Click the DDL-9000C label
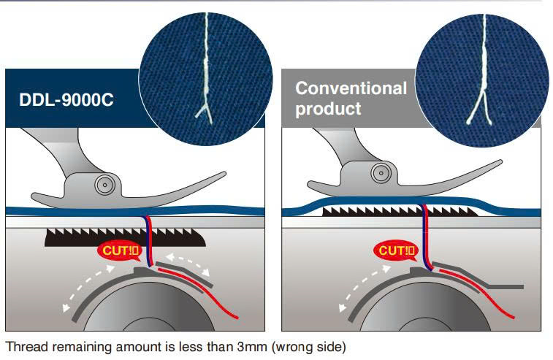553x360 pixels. point(66,99)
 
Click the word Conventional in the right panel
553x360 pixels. point(351,89)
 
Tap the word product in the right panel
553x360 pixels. point(328,109)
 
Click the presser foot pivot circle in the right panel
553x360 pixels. point(381,173)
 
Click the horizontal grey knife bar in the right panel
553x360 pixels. point(504,286)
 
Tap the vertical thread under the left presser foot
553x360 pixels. point(148,237)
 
